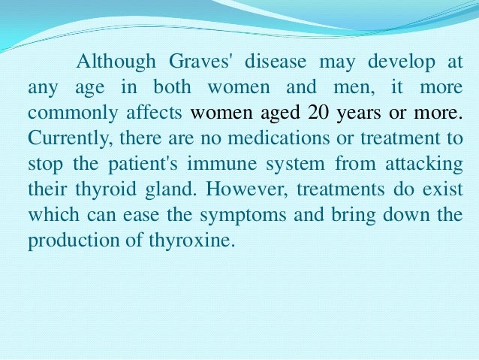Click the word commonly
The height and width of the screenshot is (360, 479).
[x=65, y=114]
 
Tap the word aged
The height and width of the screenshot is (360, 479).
[x=279, y=114]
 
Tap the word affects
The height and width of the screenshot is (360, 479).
[x=156, y=113]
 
